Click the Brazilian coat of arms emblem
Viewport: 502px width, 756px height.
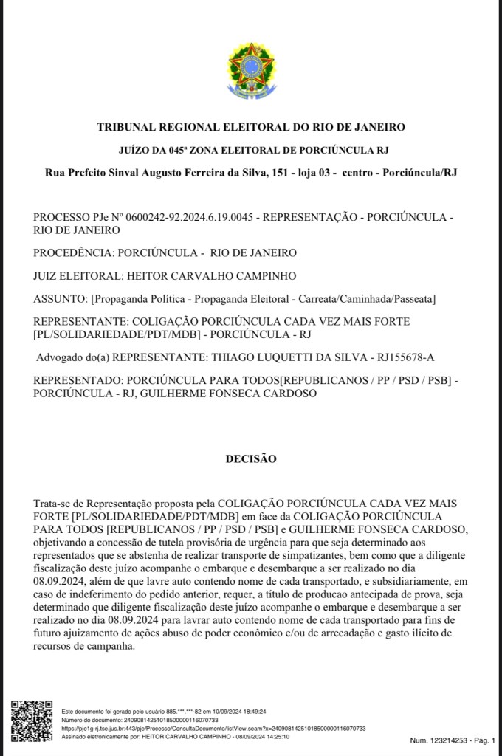point(250,72)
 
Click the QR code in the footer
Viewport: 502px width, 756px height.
point(32,721)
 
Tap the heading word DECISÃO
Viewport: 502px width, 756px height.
point(251,459)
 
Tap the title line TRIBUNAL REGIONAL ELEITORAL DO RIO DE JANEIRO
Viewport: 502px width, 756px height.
point(251,127)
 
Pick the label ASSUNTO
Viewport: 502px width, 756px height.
point(59,299)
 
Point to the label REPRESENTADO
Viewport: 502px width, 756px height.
point(78,381)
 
